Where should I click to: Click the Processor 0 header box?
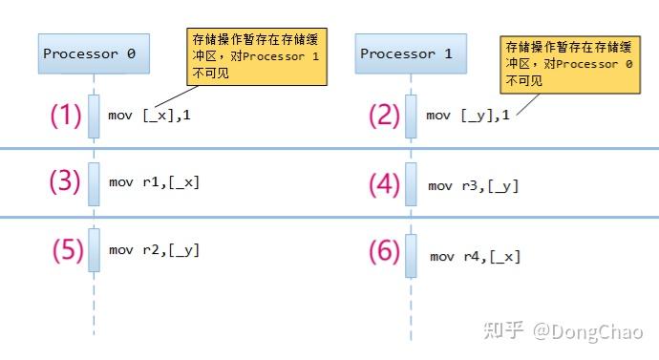click(95, 53)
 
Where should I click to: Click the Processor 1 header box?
click(406, 53)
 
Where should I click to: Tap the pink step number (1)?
click(66, 116)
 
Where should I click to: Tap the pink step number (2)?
click(386, 116)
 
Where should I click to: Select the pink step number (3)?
click(66, 182)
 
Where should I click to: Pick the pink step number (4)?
click(385, 184)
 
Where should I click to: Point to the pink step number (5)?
click(67, 250)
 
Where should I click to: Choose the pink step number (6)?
click(386, 252)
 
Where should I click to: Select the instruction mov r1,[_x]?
click(154, 182)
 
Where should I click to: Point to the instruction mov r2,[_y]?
click(154, 250)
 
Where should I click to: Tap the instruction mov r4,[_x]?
click(475, 256)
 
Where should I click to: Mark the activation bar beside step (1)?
click(95, 116)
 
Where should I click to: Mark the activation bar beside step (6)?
click(411, 256)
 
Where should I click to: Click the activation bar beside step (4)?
click(411, 183)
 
